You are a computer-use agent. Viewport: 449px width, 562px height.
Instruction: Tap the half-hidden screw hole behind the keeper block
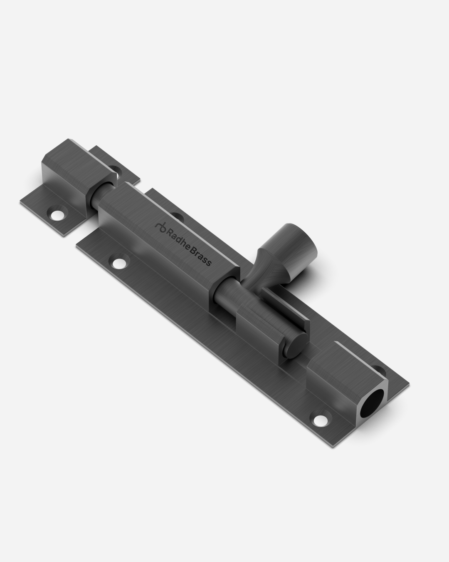(x=115, y=169)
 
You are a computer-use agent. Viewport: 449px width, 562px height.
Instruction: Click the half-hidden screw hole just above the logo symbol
(x=177, y=216)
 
